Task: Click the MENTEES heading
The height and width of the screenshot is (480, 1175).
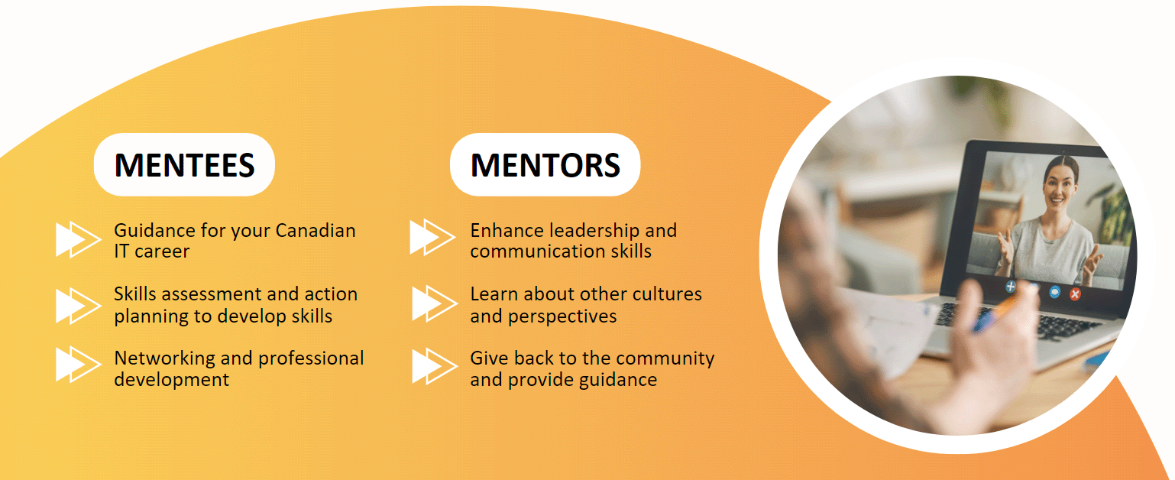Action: point(184,165)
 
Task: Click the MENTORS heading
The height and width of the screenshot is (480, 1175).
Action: point(545,165)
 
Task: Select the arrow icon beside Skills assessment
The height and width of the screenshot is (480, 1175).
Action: point(77,305)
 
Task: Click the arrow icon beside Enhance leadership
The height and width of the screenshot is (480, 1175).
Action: point(432,238)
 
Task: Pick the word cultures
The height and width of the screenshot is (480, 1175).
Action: point(664,294)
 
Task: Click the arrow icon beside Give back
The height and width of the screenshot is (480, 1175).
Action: point(433,366)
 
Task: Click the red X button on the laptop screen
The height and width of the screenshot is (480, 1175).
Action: point(1076,294)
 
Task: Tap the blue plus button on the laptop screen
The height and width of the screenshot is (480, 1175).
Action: point(1011,287)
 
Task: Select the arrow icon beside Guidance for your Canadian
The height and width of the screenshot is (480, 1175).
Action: point(77,238)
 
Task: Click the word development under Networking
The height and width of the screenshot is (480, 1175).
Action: point(171,379)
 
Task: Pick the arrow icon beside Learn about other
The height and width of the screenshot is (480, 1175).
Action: point(433,303)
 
